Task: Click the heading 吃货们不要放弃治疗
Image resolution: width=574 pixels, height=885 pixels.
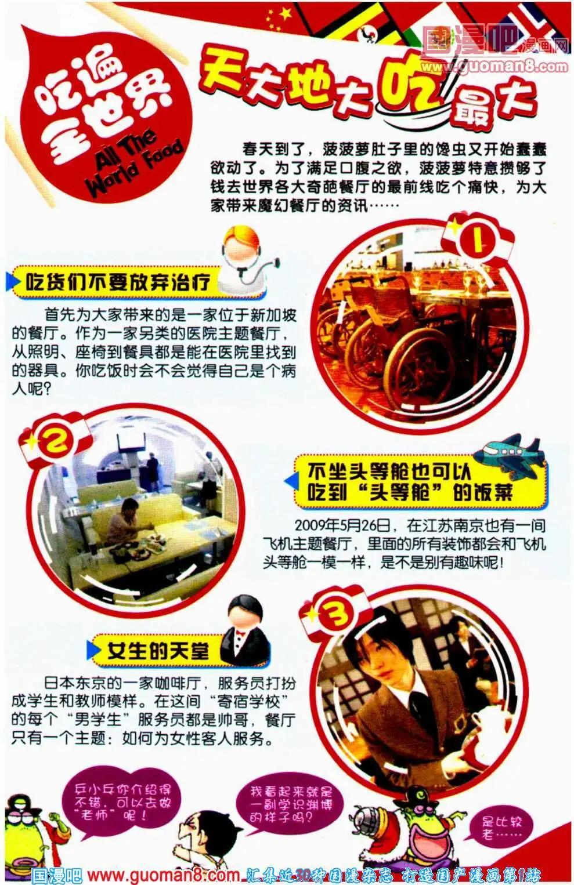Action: [117, 283]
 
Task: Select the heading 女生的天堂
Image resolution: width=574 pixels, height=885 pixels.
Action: [158, 651]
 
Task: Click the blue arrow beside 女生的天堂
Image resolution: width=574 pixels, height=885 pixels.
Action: [93, 651]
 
